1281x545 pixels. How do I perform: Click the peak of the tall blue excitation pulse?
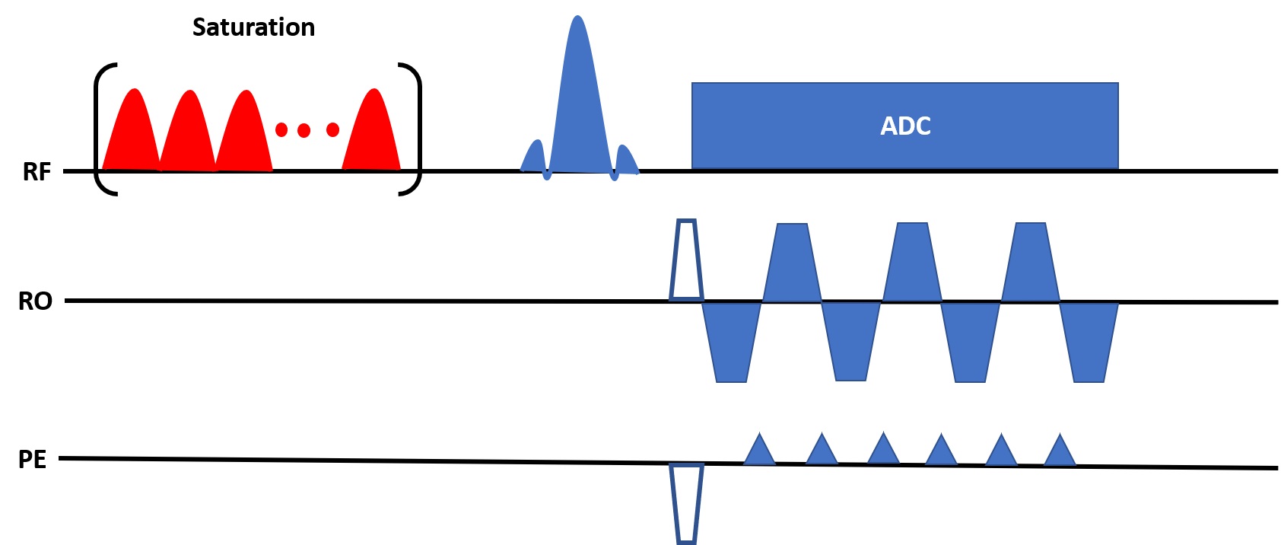pos(577,16)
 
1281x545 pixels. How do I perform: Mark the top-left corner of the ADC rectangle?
pos(692,83)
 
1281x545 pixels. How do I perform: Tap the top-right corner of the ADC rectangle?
pos(1118,83)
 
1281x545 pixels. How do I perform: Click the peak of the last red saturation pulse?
pos(373,89)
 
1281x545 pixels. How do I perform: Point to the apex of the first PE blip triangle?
pos(759,433)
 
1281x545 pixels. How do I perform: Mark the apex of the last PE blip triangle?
pos(1060,434)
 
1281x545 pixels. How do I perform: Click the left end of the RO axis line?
pos(65,300)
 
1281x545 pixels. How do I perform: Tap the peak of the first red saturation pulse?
pos(135,89)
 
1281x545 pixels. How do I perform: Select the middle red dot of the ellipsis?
pos(304,130)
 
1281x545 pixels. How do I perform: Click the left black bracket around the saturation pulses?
pos(97,129)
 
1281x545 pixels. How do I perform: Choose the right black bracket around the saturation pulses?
pos(419,129)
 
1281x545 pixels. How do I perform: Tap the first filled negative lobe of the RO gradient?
pos(732,342)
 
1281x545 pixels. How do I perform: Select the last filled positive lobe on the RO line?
pos(1031,262)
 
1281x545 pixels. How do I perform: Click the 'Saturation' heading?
pos(253,27)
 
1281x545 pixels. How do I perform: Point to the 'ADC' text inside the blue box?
pos(905,126)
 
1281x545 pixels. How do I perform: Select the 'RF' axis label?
pos(37,172)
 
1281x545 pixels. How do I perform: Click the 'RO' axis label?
pos(36,301)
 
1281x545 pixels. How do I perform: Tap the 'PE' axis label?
pos(33,459)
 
